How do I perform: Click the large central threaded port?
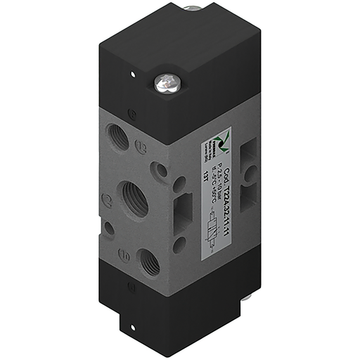click(134, 198)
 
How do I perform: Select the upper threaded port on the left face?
click(119, 135)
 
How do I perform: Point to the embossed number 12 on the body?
click(141, 147)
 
